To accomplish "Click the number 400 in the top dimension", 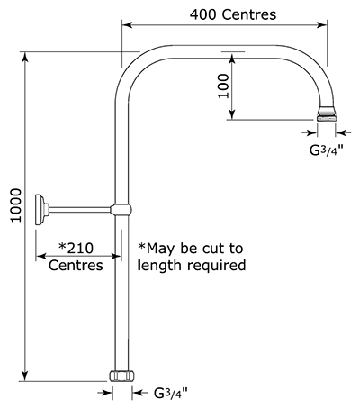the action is pos(202,14).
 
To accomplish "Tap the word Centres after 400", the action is pos(249,14).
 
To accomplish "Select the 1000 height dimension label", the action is pos(16,205).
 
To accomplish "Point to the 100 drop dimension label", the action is pos(223,86).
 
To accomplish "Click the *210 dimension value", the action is pos(76,249).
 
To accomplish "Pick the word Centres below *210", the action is pos(76,266).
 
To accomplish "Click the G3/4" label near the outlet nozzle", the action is pos(327,150).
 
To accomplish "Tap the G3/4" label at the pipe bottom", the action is pos(171,393).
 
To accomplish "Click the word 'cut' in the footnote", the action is pos(212,249).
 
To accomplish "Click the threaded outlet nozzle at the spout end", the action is pos(327,114).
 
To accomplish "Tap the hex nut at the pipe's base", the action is pos(121,376).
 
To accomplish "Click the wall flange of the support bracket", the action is pos(42,210).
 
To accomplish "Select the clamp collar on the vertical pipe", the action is pos(121,210).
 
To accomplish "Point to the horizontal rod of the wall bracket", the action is pos(79,210).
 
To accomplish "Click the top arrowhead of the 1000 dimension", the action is pos(25,57).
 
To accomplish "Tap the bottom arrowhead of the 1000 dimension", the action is pos(25,377).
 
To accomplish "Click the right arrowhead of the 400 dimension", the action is pos(322,25).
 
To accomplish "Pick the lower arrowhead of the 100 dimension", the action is pos(232,114).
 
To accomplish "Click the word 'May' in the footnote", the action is pos(157,249).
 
